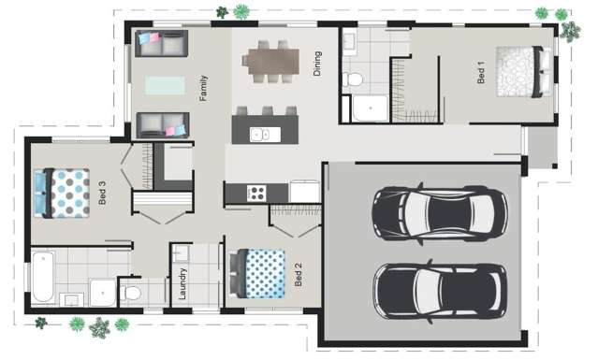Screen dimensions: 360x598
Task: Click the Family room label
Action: [x=203, y=89]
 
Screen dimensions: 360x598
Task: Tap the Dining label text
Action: [x=318, y=64]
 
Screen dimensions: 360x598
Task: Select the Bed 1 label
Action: [x=481, y=73]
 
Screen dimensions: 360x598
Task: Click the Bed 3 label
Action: [x=103, y=194]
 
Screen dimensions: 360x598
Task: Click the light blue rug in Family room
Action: [x=166, y=85]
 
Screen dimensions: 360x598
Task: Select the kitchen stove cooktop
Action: [x=255, y=193]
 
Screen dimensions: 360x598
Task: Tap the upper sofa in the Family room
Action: [x=161, y=43]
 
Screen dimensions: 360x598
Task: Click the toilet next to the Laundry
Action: [x=132, y=294]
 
